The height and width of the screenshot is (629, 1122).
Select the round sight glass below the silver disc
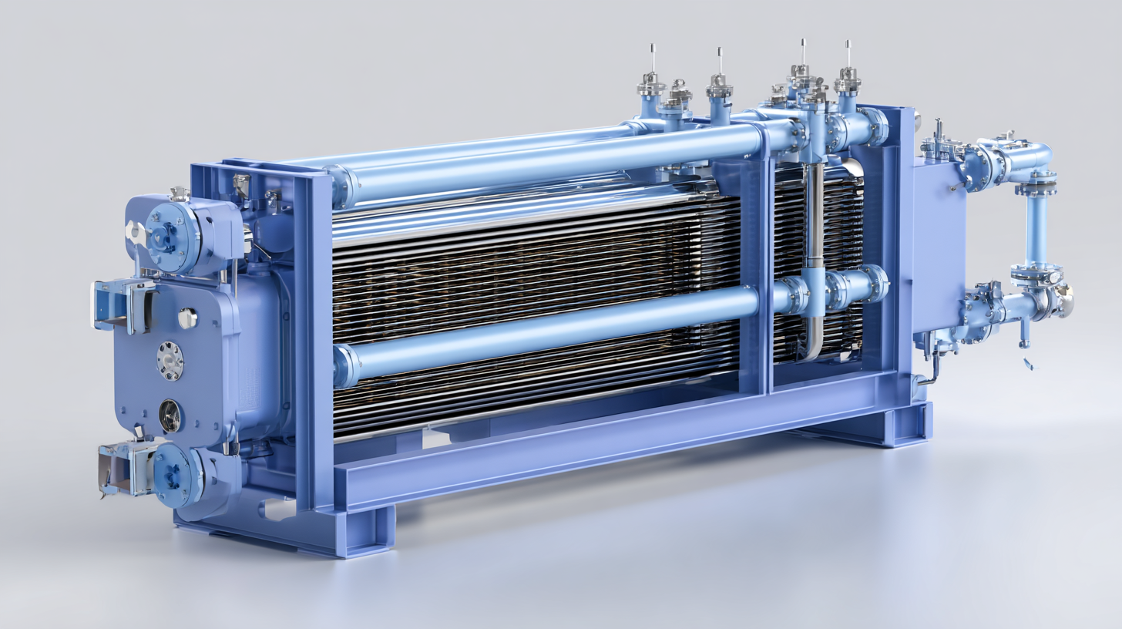(170, 416)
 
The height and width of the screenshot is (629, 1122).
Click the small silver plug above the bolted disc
(186, 317)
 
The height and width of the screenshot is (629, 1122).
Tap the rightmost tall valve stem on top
(848, 73)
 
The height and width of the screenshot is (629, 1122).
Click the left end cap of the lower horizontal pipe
(344, 365)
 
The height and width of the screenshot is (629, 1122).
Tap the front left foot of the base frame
(362, 532)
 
